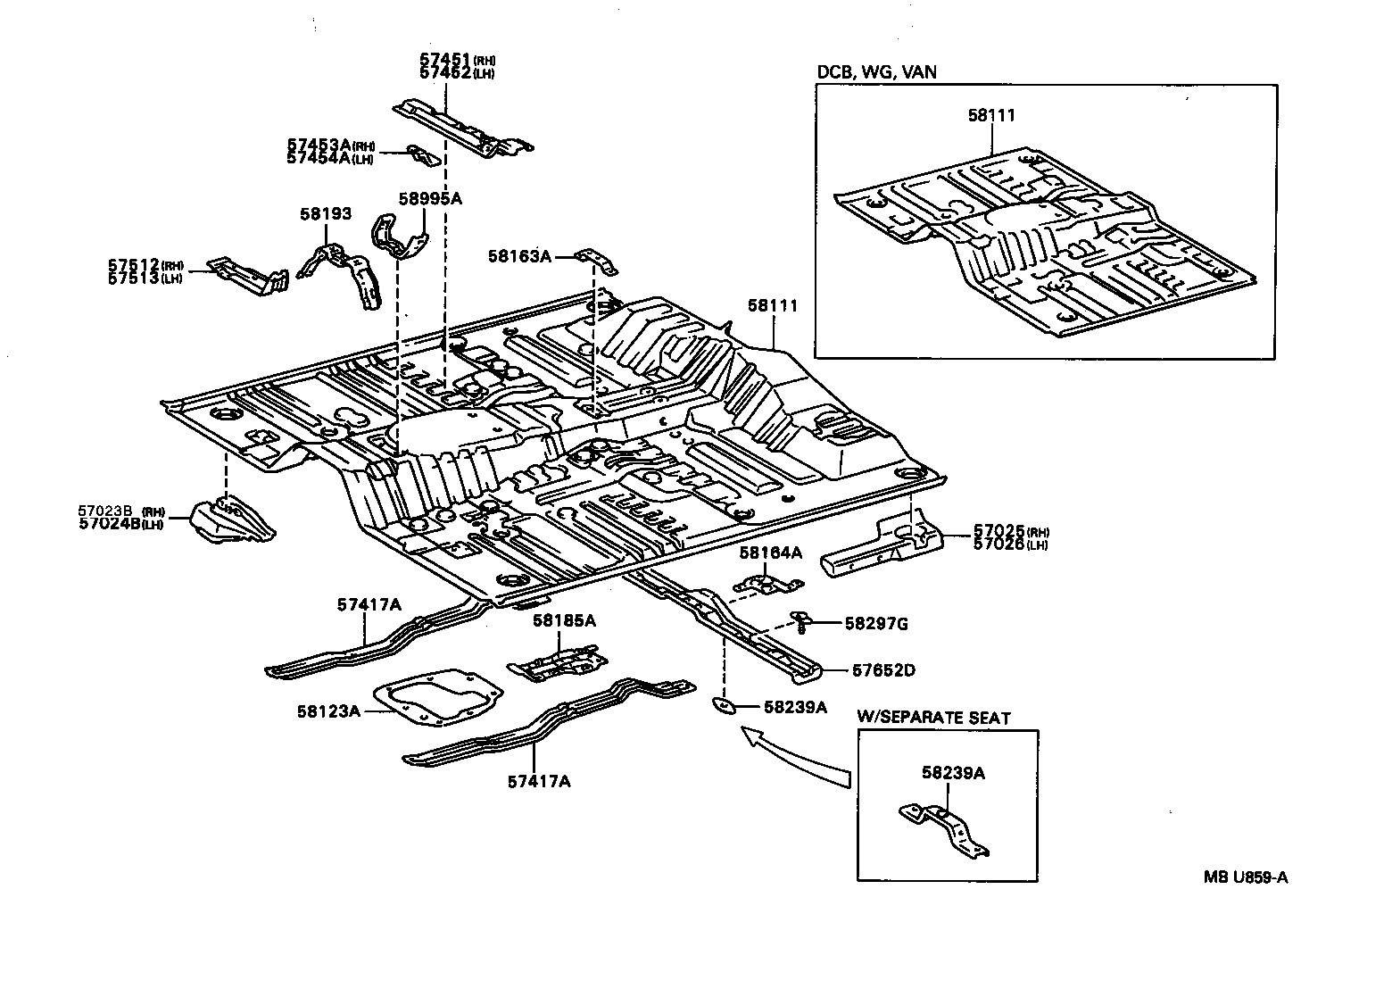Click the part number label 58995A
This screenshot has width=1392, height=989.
431,198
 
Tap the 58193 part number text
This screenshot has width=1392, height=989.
325,214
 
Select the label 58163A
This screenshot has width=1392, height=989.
519,256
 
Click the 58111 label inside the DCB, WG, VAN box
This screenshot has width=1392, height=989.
991,115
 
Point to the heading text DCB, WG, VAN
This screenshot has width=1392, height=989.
876,71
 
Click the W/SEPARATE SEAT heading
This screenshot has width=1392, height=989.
933,717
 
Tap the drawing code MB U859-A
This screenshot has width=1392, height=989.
1245,877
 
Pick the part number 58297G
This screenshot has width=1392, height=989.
876,624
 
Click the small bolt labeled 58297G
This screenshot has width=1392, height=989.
800,619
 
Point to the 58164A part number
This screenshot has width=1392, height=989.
770,553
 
